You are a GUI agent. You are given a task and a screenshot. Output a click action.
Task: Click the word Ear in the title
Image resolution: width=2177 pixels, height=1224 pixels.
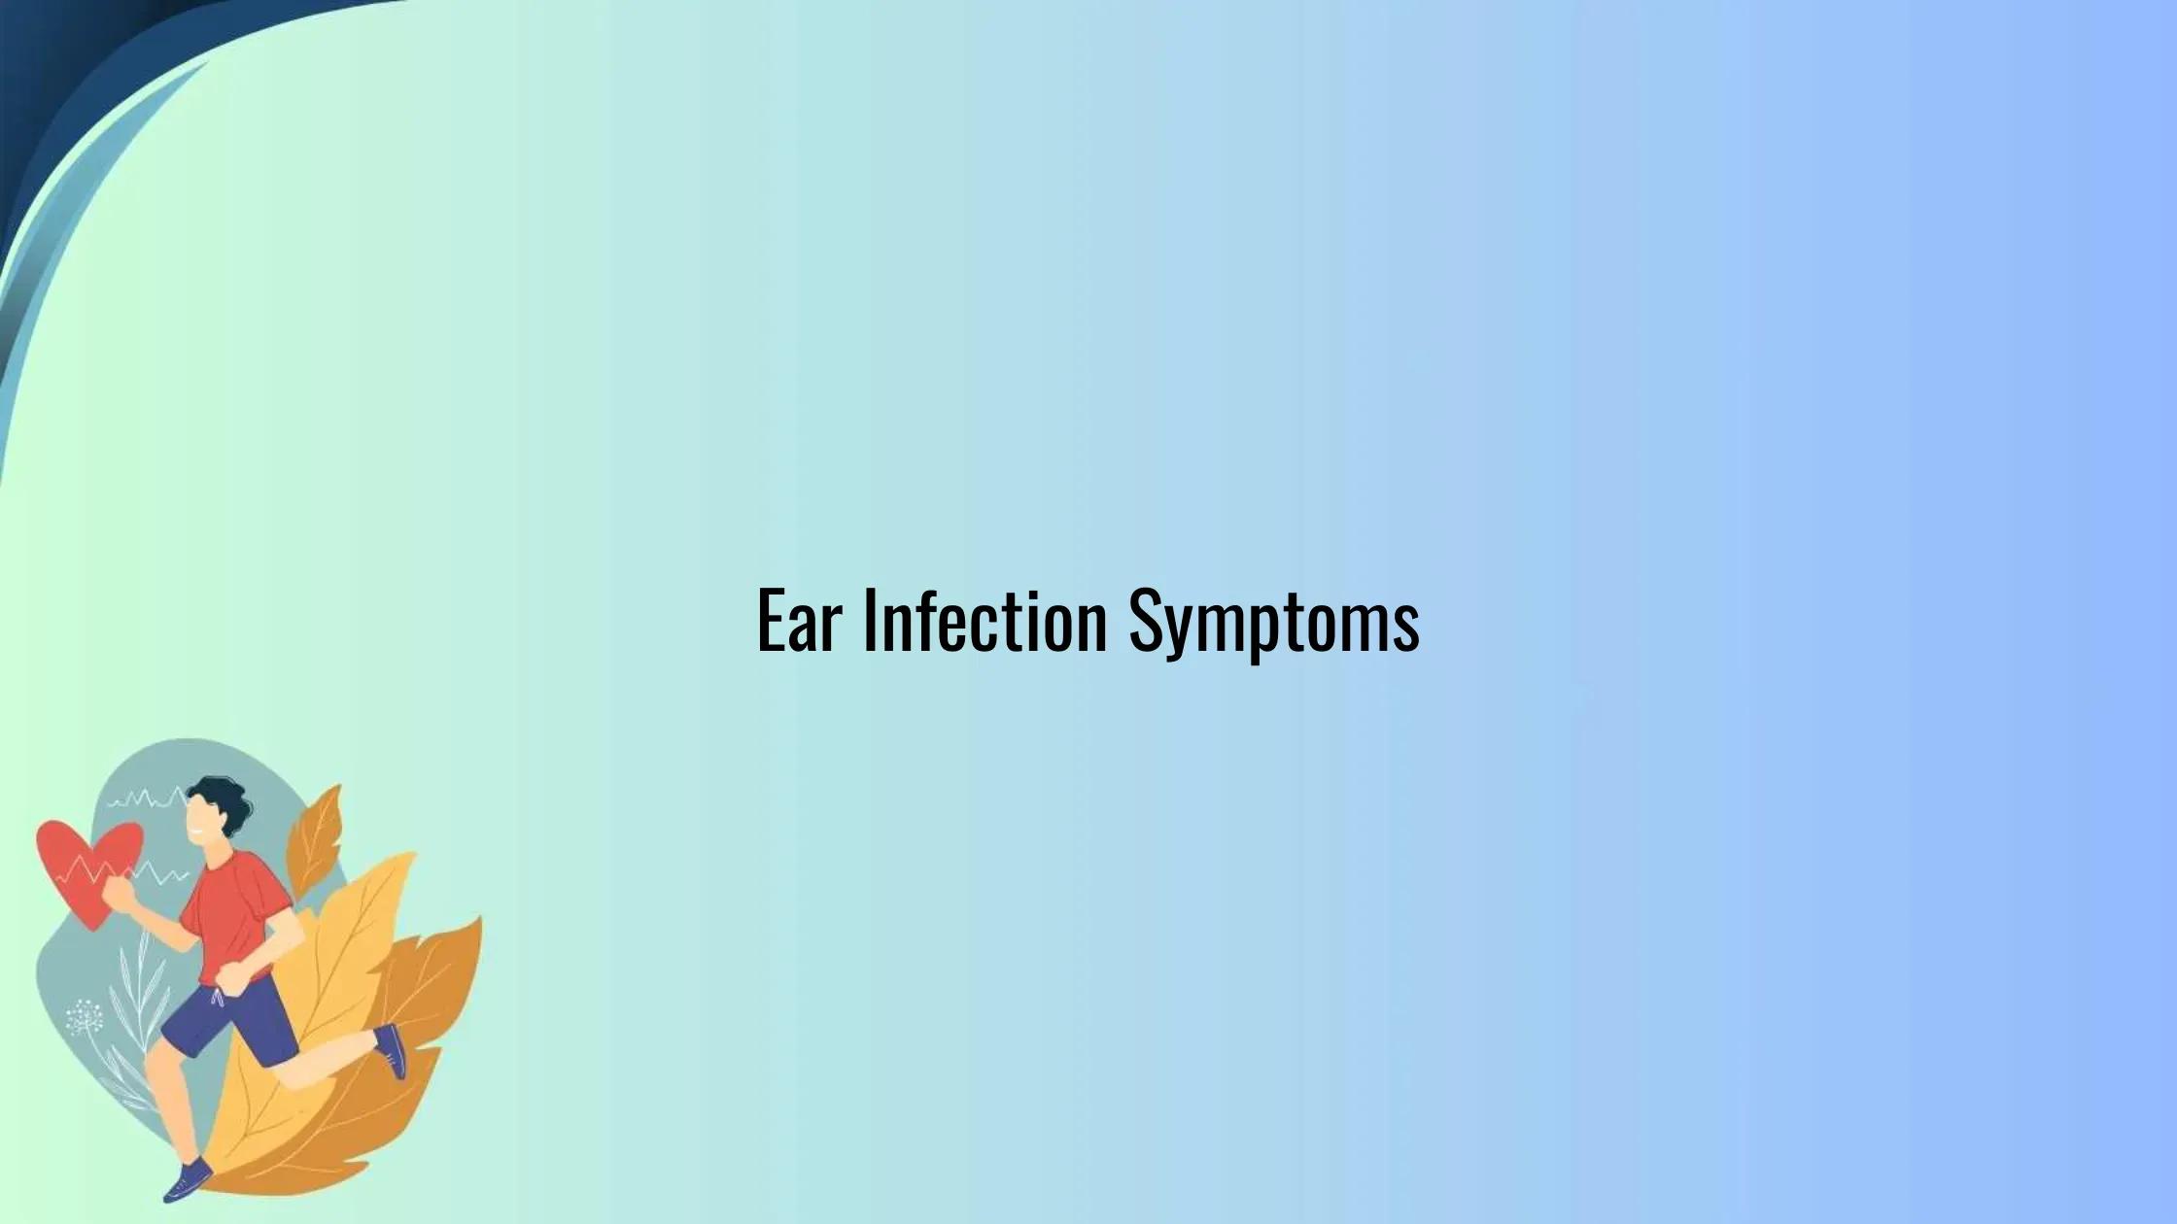[797, 621]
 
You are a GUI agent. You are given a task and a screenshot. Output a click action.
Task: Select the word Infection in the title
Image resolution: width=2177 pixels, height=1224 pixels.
[984, 621]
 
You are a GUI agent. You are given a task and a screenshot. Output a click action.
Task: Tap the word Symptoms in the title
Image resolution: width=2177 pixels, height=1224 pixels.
[1273, 623]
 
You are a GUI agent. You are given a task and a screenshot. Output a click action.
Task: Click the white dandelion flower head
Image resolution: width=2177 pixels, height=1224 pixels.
[84, 1016]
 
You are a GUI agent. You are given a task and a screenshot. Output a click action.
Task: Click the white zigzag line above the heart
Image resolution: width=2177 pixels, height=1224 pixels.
[146, 800]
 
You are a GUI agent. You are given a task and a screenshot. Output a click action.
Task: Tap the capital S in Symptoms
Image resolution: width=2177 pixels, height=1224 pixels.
[1147, 621]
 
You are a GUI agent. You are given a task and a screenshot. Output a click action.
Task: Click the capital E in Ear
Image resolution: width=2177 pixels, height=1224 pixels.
[770, 621]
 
